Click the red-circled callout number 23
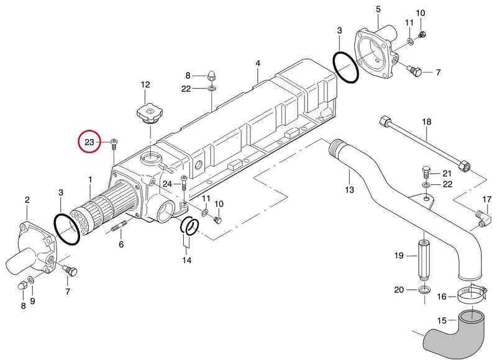coord(89,142)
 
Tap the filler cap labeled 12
coord(150,114)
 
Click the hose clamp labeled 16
coord(472,293)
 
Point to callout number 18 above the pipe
coord(427,122)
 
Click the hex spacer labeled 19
coord(424,259)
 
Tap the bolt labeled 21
coord(426,171)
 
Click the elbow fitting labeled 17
coord(483,219)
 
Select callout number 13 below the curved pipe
coord(349,190)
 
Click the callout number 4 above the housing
coord(258,63)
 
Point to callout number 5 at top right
coord(378,9)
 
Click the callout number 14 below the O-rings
coord(187,260)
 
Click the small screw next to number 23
coord(114,145)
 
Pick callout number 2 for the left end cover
coord(27,200)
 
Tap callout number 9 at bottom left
coord(32,300)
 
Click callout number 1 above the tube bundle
coord(90,179)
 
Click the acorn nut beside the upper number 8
coord(212,75)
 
